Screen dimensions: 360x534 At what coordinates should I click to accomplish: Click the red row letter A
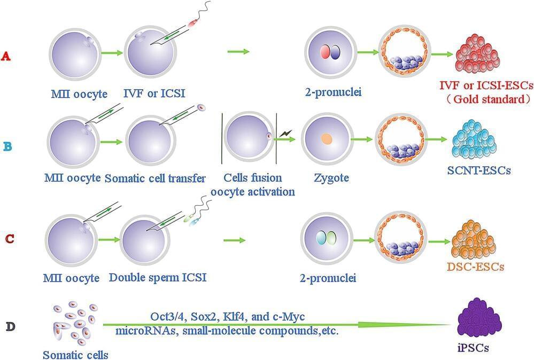tap(6, 56)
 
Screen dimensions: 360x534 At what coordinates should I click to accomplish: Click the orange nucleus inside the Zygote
tap(326, 140)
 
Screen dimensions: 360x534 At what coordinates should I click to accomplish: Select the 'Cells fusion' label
tap(253, 178)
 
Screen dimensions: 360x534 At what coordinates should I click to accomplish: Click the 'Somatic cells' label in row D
tap(75, 354)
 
